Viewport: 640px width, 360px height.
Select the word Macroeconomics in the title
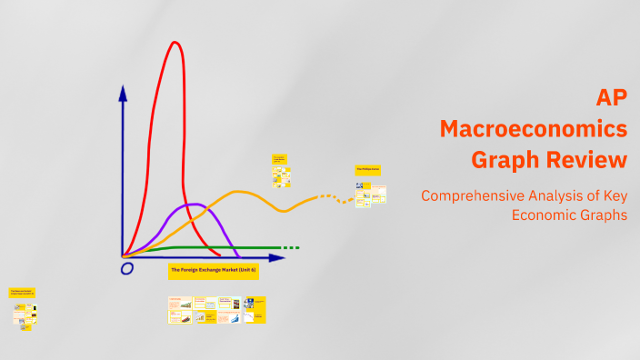(x=534, y=129)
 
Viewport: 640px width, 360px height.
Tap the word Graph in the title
(x=501, y=160)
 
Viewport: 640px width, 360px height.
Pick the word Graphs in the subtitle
(x=605, y=215)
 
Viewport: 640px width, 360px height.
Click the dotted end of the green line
(x=290, y=247)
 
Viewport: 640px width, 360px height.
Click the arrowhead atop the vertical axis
(x=122, y=93)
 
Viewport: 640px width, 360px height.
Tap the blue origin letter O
(x=126, y=268)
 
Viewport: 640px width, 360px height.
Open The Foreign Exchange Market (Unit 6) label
(x=214, y=271)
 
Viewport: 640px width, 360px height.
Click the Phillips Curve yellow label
(x=368, y=170)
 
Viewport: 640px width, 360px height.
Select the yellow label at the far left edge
(x=22, y=293)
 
